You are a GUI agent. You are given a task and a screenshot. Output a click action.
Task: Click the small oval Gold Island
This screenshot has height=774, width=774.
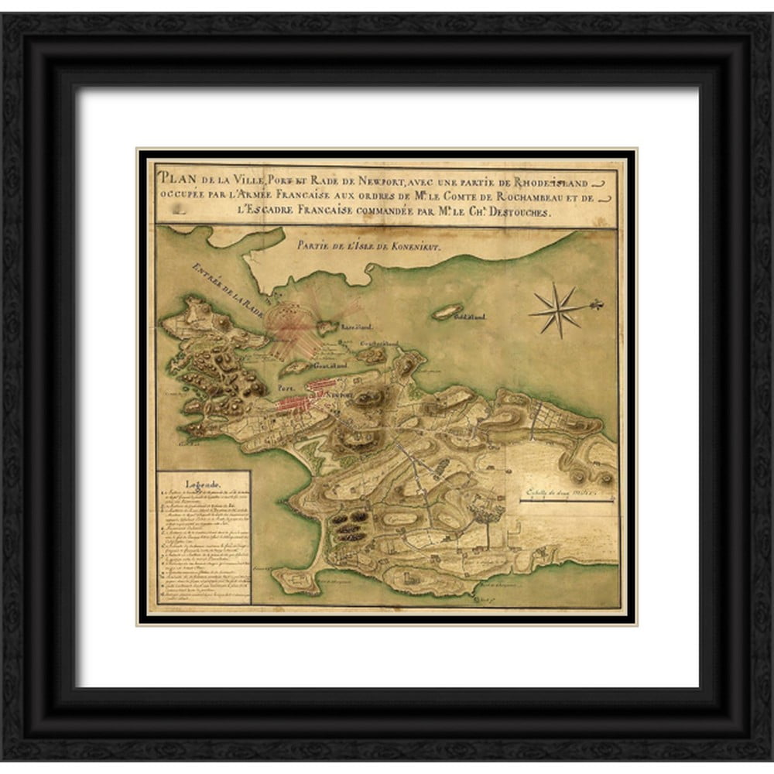point(447,311)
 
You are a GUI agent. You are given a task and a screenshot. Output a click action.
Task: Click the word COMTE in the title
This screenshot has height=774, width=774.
point(447,197)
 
